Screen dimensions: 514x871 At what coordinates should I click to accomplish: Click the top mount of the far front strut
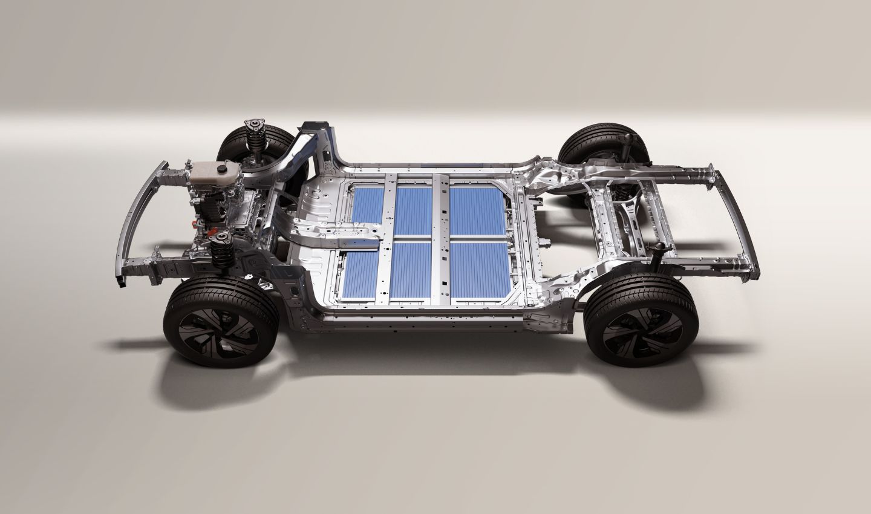256,128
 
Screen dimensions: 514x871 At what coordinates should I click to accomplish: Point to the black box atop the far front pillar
315,126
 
